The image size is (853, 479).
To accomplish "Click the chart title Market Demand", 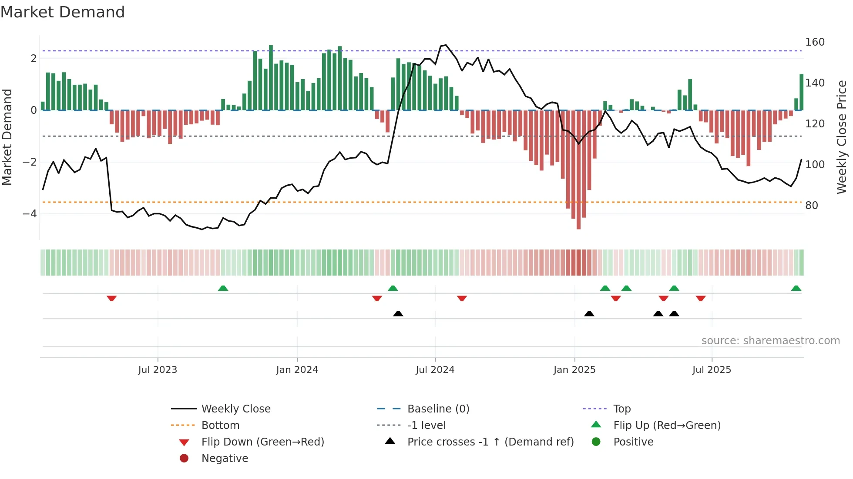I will (x=63, y=12).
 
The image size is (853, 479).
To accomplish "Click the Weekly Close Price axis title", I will (x=842, y=137).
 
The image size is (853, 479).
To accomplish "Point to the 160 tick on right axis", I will (x=815, y=42).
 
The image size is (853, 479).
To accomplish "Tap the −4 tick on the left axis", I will (x=30, y=214).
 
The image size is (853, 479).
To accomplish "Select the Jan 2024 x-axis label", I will (x=297, y=370).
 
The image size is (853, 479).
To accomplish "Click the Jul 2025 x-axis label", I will (x=712, y=370).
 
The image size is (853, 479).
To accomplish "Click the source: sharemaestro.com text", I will (x=770, y=341).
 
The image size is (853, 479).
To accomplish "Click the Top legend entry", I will (x=621, y=409).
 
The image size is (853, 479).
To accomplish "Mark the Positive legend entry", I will (x=633, y=442).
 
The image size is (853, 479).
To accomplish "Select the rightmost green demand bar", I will (x=801, y=92).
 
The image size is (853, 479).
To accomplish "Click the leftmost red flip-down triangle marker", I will (x=111, y=298).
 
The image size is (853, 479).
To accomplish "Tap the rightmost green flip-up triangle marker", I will (x=796, y=288).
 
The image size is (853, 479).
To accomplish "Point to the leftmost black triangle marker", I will (x=398, y=313).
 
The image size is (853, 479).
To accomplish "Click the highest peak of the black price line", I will (x=446, y=45).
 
